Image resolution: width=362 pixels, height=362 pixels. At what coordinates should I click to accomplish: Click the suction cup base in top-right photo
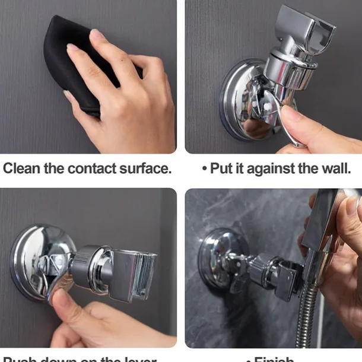pyautogui.click(x=237, y=101)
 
